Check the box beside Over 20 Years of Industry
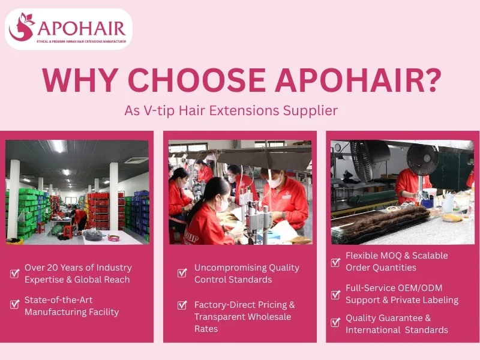pyautogui.click(x=15, y=274)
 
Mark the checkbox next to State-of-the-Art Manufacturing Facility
pyautogui.click(x=15, y=304)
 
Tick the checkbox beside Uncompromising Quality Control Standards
pyautogui.click(x=182, y=273)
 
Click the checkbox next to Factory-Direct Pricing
pyautogui.click(x=182, y=305)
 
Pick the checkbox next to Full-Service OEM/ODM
pyautogui.click(x=336, y=295)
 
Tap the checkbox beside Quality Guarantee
pyautogui.click(x=336, y=322)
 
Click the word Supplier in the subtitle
pyautogui.click(x=314, y=111)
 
